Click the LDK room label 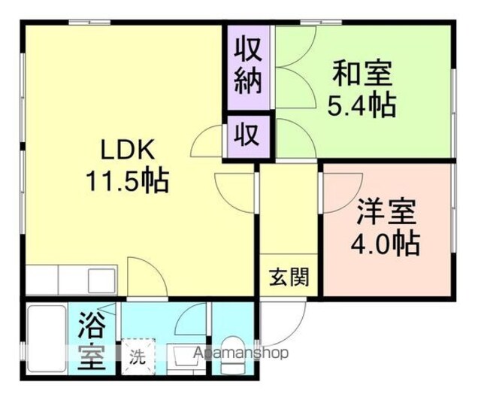point(128,150)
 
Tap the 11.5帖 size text point(128,180)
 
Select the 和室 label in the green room point(362,74)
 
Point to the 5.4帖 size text point(362,105)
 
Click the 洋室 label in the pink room point(386,211)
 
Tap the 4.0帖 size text point(386,244)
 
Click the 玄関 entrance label point(289,277)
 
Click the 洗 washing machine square point(138,356)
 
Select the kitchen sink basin point(102,280)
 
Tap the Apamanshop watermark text point(241,353)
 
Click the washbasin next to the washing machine point(186,359)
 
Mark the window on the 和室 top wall point(321,22)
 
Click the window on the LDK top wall point(89,22)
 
